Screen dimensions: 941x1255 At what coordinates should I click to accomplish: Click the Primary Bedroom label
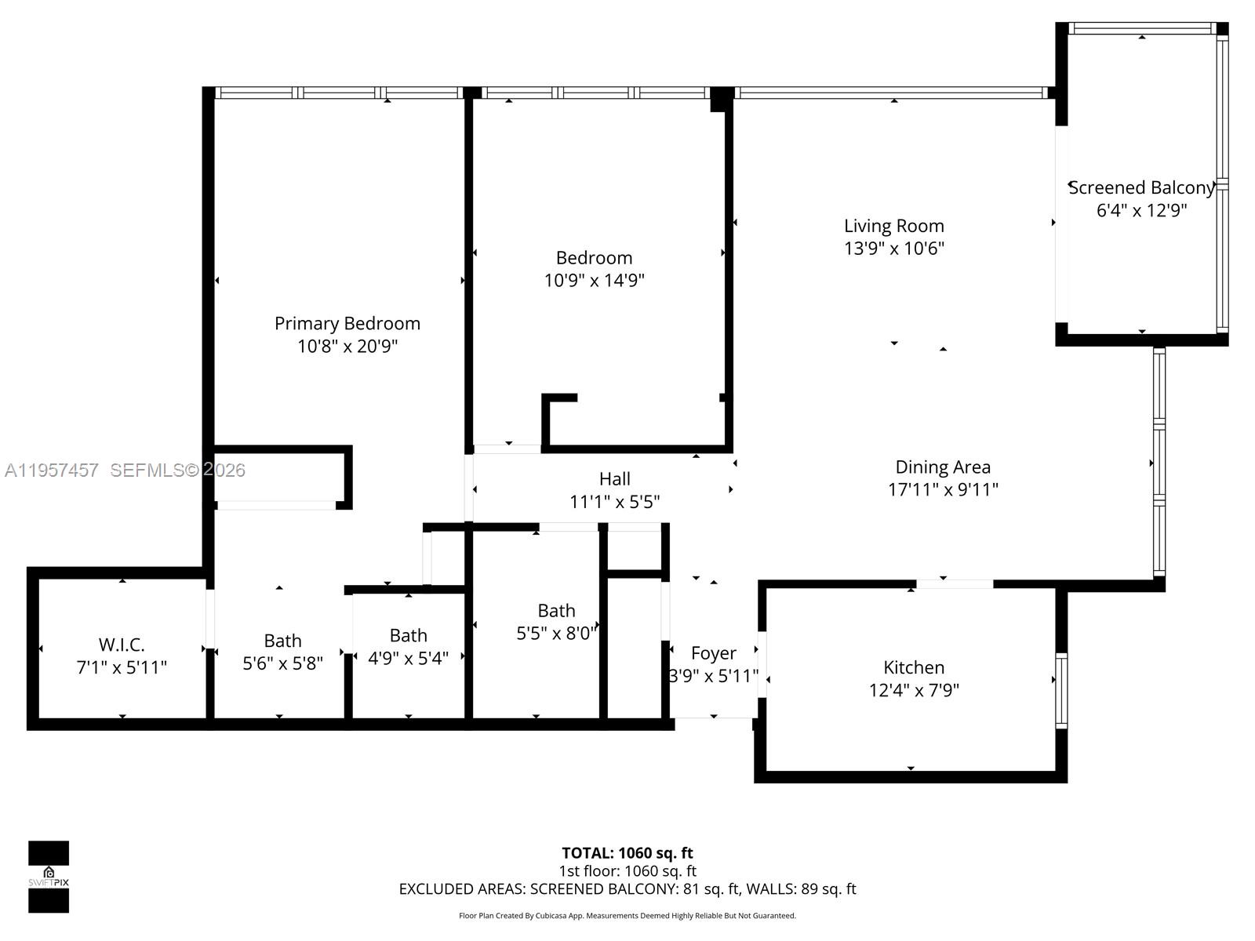[347, 323]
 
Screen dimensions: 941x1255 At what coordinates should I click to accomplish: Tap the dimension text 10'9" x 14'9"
[594, 280]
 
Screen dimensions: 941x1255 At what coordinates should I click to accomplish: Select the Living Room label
[893, 226]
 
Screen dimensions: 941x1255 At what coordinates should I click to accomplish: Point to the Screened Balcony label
[1141, 187]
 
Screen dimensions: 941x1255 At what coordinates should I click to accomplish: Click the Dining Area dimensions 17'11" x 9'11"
[942, 489]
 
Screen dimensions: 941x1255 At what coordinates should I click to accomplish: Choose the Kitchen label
[914, 667]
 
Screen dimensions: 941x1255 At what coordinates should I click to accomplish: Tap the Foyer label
[713, 652]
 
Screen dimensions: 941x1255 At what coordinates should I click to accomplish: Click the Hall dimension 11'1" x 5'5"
[614, 501]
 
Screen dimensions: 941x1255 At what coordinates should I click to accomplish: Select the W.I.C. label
[122, 645]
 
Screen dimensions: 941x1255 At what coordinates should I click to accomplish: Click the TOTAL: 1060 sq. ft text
[627, 852]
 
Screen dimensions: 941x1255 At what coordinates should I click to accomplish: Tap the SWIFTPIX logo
[49, 877]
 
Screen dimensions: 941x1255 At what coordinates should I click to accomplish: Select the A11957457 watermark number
[52, 470]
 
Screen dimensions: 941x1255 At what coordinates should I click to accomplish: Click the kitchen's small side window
[1061, 690]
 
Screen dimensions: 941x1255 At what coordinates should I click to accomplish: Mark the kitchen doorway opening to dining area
[955, 583]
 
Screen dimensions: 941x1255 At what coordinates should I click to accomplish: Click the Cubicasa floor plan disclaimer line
[627, 915]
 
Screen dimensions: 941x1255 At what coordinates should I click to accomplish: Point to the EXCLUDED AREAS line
[627, 888]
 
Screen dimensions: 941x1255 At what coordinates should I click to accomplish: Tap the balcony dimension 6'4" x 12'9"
[1141, 210]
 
